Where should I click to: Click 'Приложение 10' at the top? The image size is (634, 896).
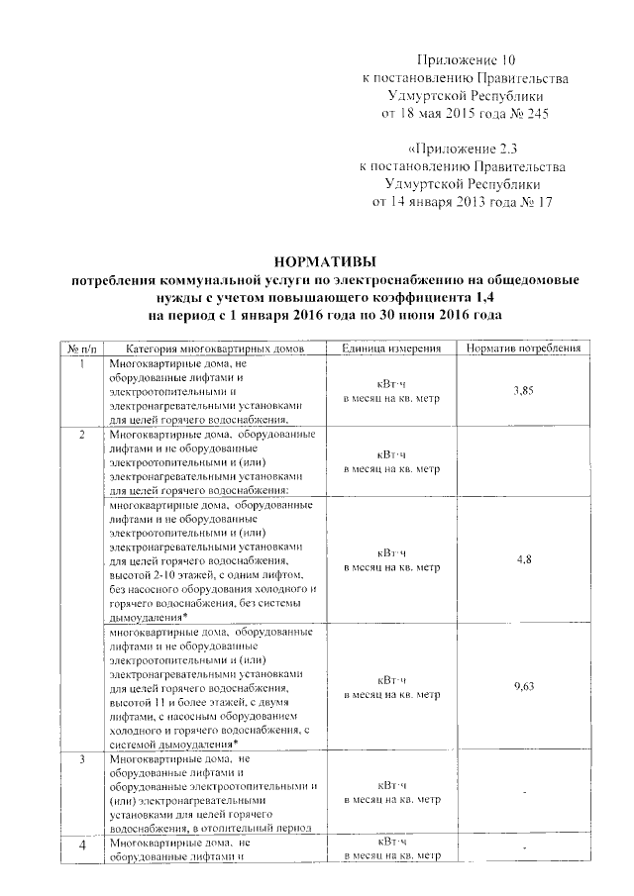tap(466, 60)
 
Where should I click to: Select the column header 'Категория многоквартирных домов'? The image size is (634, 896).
tap(211, 349)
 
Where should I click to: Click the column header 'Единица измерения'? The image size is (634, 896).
tap(391, 349)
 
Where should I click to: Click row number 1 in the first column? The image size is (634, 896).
tap(80, 363)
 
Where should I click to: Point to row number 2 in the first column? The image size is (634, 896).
tap(80, 436)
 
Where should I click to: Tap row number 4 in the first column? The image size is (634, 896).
tap(80, 845)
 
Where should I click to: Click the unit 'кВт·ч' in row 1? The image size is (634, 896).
tap(391, 384)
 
